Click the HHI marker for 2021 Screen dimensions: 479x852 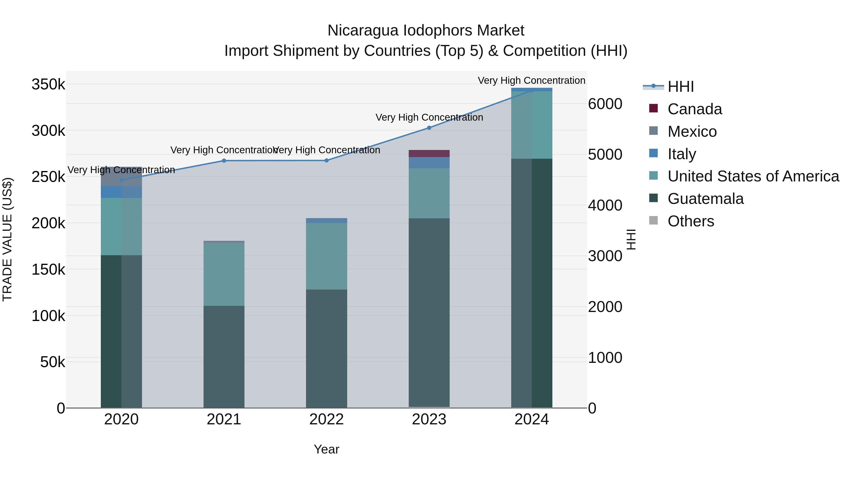[x=224, y=161]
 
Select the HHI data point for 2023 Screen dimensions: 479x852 [x=429, y=127]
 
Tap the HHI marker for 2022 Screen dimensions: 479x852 [x=326, y=161]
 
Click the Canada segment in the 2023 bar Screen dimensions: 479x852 [x=429, y=153]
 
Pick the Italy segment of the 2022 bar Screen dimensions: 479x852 [x=326, y=220]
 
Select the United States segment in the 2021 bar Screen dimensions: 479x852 [x=224, y=274]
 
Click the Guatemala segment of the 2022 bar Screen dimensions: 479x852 [x=326, y=348]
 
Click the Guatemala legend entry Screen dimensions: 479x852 [x=705, y=199]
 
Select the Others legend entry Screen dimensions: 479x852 [x=691, y=221]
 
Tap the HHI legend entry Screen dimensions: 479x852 [x=680, y=87]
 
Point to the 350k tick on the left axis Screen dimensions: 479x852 [x=48, y=84]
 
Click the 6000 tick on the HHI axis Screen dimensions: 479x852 [x=605, y=104]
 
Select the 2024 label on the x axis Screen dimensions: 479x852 [x=532, y=419]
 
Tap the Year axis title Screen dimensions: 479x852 [x=326, y=449]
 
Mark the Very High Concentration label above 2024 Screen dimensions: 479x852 [x=532, y=80]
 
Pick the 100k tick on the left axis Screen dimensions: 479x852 [x=48, y=316]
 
